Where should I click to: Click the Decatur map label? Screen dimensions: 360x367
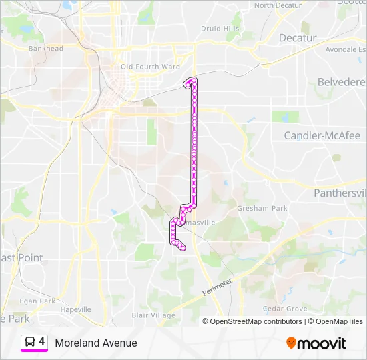click(x=298, y=38)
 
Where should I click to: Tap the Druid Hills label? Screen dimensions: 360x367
click(x=220, y=29)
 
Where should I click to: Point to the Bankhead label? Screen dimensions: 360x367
click(x=45, y=49)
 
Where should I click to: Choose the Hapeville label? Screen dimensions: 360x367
click(x=75, y=309)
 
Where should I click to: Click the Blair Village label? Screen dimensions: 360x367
click(x=153, y=315)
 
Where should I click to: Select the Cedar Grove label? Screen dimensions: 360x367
click(x=285, y=309)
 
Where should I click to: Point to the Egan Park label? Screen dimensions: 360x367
click(x=37, y=301)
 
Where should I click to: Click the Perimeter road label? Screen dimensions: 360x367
click(x=218, y=288)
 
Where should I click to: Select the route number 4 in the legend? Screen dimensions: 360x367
click(x=42, y=342)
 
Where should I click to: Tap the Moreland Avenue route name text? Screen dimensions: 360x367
click(x=96, y=343)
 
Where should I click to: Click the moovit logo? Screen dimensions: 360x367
click(x=316, y=343)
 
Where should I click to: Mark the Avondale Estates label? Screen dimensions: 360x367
click(x=346, y=49)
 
